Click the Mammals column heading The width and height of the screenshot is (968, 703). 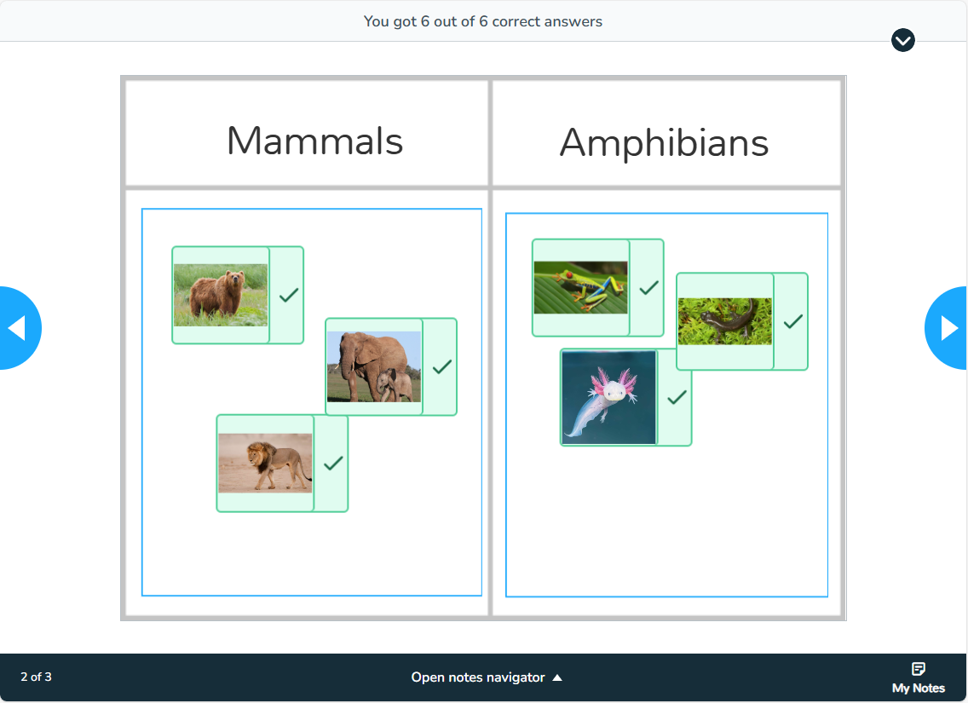(314, 141)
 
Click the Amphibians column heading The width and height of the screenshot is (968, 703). (664, 142)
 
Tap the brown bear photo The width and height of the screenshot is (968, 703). (221, 295)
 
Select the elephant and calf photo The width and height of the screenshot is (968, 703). (374, 366)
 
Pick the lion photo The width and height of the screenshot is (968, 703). (265, 463)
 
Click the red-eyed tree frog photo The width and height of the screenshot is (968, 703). (580, 288)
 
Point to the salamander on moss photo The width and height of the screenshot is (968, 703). (725, 321)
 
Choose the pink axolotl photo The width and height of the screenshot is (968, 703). (609, 397)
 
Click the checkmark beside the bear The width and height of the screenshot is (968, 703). (289, 295)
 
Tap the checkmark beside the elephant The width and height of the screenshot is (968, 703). (441, 366)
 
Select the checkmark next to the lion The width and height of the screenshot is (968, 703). (333, 463)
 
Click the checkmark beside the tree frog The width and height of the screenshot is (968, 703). (648, 288)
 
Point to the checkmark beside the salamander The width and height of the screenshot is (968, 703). (793, 321)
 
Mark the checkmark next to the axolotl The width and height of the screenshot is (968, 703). (677, 397)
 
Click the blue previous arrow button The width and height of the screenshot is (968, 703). (17, 328)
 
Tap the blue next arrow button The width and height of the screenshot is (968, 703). (949, 328)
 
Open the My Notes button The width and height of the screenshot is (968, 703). (918, 677)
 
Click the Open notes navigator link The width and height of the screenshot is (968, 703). (487, 677)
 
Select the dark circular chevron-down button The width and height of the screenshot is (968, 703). (902, 40)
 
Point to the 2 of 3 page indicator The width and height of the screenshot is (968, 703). (36, 677)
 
